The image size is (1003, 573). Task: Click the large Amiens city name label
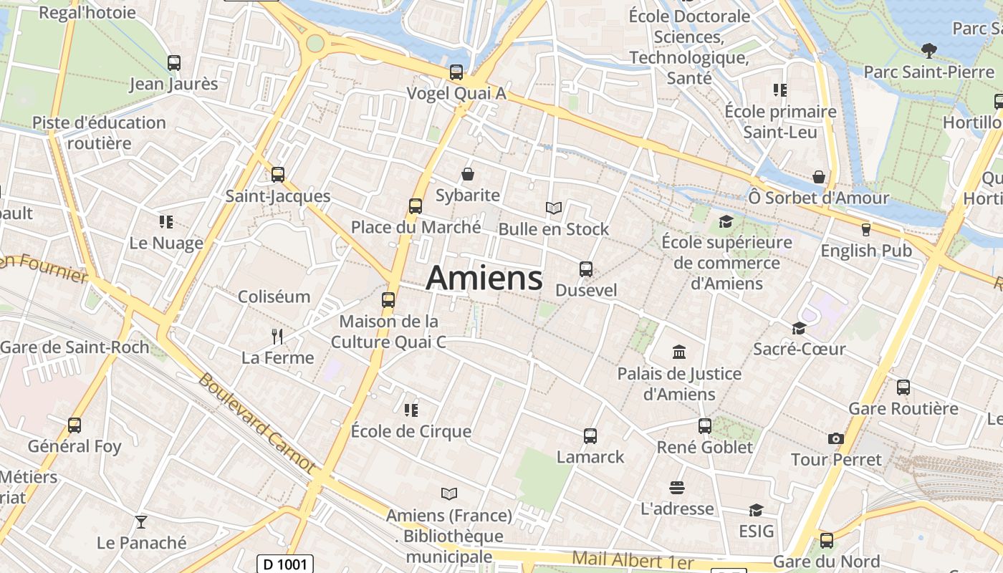pos(484,278)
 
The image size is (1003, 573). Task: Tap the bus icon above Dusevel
pos(586,269)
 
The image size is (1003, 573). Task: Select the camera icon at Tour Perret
pos(836,438)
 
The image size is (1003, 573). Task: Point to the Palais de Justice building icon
pos(679,352)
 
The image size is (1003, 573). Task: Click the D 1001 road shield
pos(285,564)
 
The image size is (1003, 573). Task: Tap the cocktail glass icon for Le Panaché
pos(141,521)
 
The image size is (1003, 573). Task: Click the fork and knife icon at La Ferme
pos(278,336)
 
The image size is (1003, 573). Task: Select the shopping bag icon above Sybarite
pos(468,174)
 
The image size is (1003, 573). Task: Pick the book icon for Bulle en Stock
pos(554,208)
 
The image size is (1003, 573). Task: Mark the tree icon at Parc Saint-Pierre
pos(929,50)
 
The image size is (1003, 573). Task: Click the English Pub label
pos(866,251)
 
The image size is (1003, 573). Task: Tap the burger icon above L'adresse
pos(677,488)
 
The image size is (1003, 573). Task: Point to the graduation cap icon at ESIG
pos(756,510)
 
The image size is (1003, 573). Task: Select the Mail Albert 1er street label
pos(633,561)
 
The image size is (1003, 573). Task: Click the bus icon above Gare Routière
pos(903,387)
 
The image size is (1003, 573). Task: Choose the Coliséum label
pos(274,297)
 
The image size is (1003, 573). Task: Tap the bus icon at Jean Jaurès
pos(174,63)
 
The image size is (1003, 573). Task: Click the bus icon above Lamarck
pos(590,435)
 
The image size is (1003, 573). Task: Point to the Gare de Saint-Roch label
pos(75,347)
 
